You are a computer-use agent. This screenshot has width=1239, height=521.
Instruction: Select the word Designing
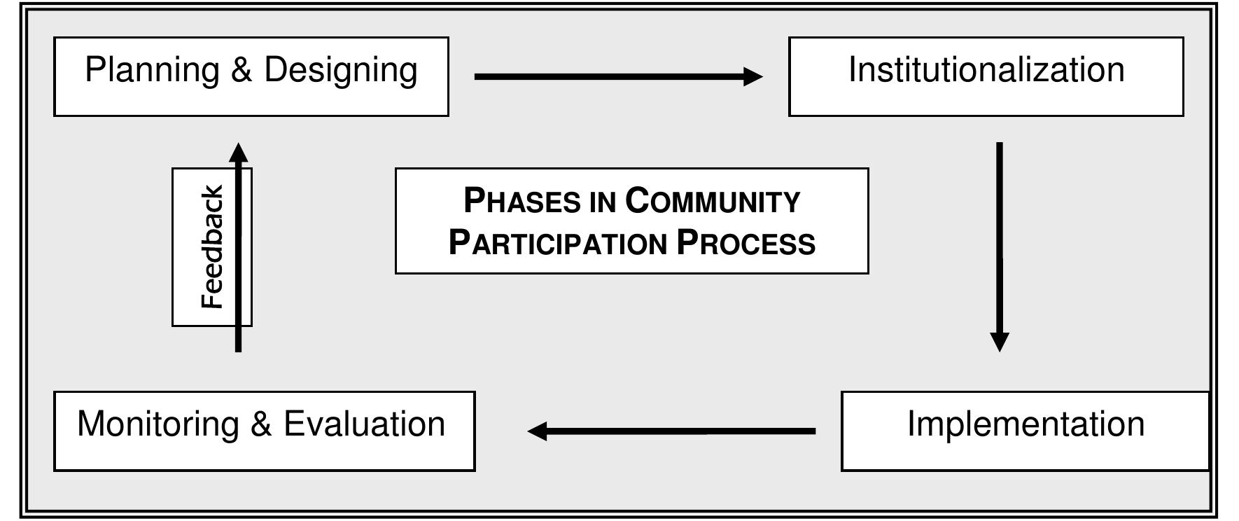point(340,71)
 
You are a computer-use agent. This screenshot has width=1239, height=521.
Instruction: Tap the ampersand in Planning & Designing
point(241,71)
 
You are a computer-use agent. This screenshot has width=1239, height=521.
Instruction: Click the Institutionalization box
point(986,76)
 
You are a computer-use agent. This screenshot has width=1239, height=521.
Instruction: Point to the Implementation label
point(1025,424)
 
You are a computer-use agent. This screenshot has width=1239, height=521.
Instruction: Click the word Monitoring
point(157,424)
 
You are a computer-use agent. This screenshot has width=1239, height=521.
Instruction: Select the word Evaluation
point(364,424)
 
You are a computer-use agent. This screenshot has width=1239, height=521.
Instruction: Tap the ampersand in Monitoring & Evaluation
point(260,424)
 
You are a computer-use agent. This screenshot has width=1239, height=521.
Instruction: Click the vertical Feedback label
point(211,246)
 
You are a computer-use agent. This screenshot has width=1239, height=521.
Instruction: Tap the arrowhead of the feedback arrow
point(239,152)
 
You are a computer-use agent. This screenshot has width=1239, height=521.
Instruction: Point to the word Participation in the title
point(557,243)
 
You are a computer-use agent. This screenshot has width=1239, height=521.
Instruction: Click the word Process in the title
point(746,243)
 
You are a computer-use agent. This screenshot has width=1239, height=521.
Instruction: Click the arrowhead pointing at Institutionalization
point(753,76)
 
